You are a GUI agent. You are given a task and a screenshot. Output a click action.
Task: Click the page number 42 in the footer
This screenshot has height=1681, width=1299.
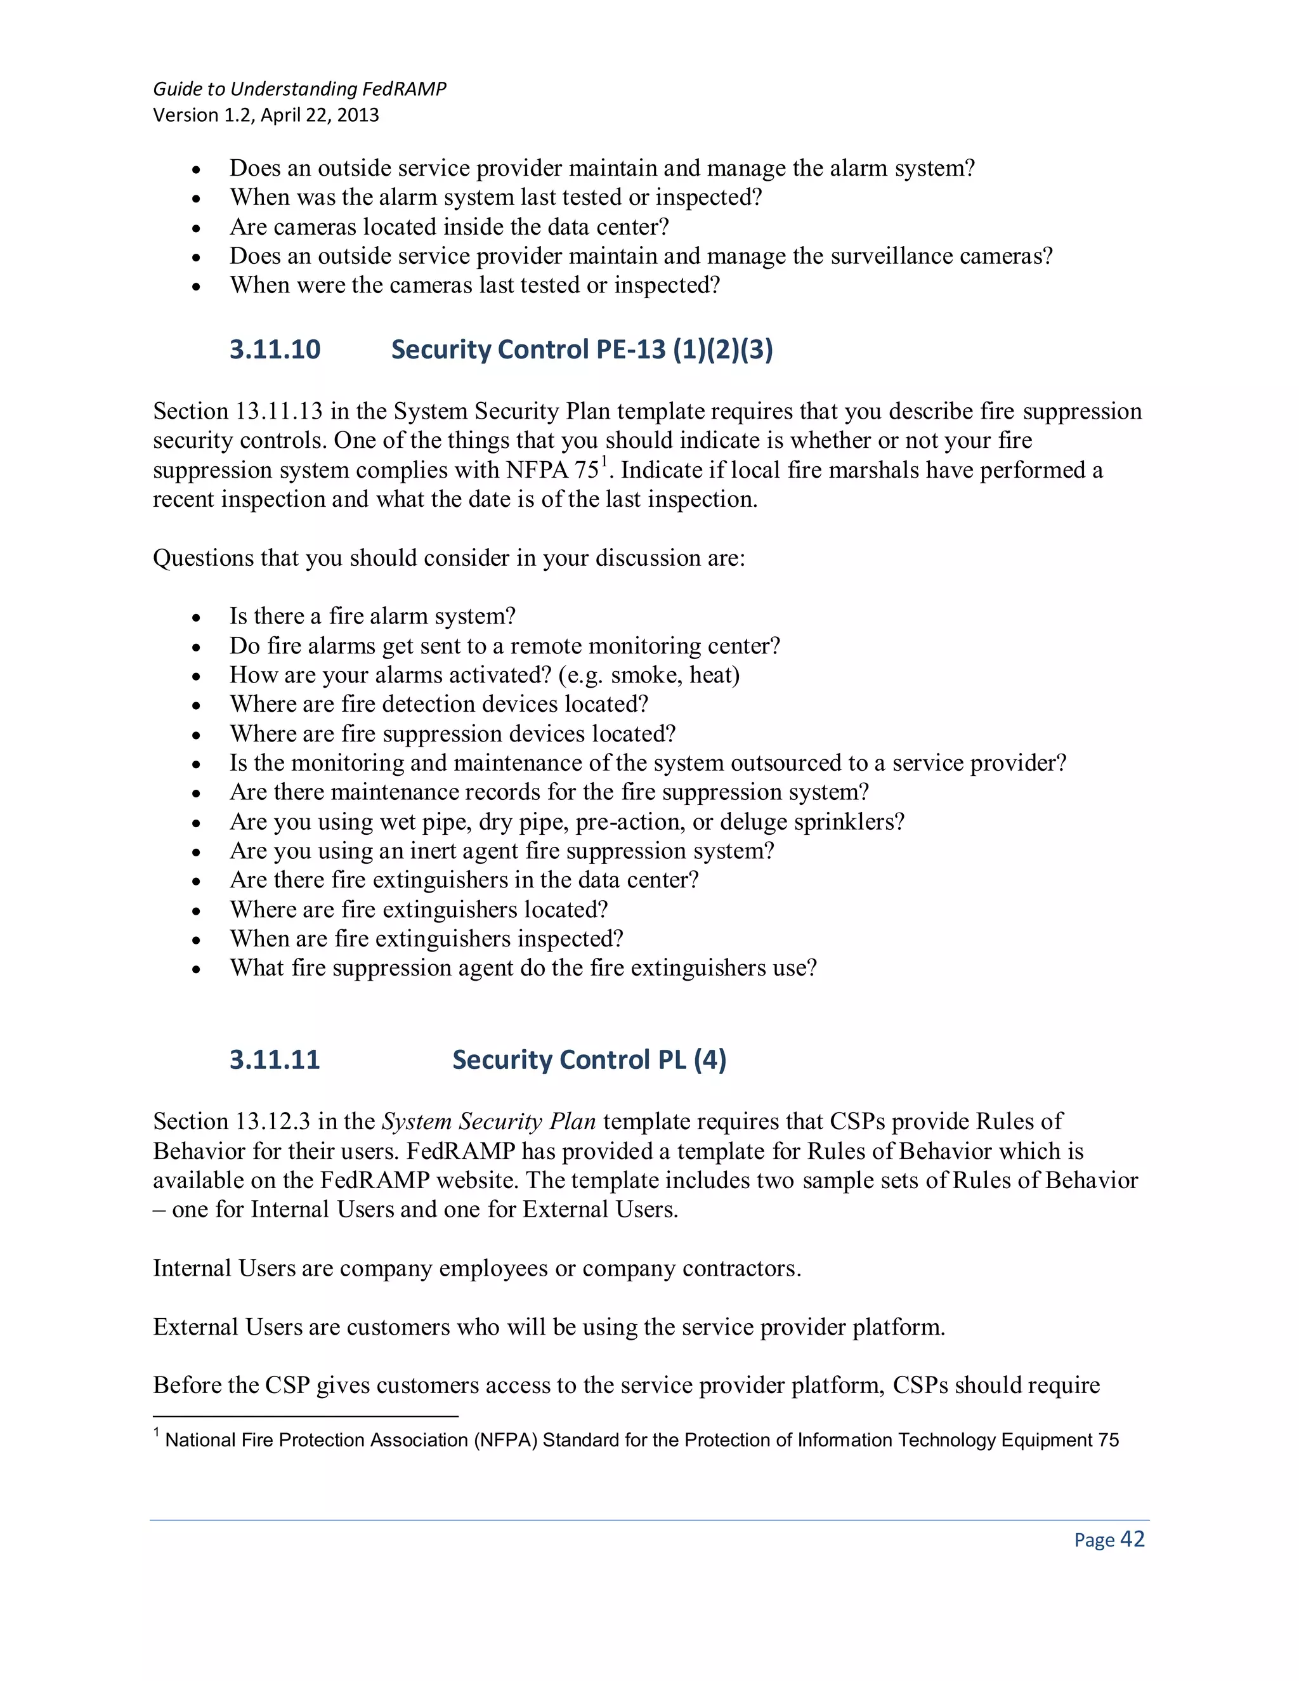coord(1132,1540)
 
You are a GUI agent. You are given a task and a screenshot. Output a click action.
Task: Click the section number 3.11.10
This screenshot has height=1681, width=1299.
coord(275,350)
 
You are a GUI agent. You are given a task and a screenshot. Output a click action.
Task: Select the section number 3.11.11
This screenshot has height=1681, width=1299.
coord(275,1060)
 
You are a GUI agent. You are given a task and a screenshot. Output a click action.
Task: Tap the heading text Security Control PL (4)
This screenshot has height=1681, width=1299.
coord(589,1060)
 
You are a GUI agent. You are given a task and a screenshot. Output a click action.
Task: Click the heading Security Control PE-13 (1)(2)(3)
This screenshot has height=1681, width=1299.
coord(582,350)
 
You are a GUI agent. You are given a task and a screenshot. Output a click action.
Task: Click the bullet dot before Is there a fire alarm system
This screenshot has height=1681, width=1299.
coord(197,618)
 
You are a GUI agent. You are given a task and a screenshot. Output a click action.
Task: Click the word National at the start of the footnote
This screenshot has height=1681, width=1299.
coord(200,1440)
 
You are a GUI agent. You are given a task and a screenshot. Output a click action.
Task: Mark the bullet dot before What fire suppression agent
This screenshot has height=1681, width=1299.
coord(197,970)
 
